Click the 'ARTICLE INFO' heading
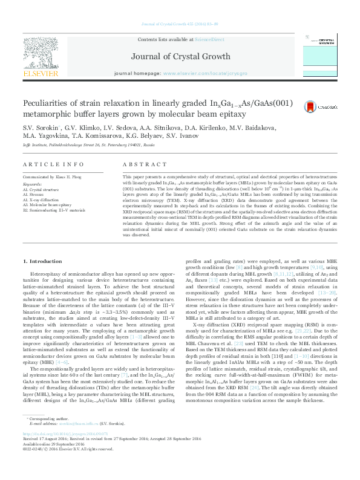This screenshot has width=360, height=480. [53, 164]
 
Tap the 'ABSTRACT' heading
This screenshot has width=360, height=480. [140, 164]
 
